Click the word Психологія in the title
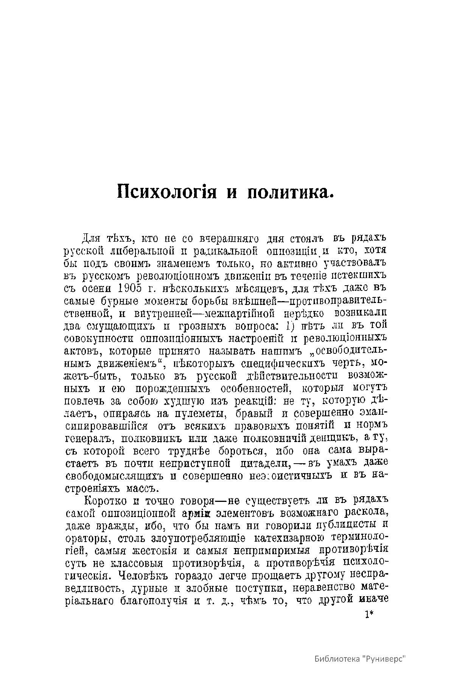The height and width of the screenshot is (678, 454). coord(167,191)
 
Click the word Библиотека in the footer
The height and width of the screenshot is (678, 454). coord(337,659)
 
